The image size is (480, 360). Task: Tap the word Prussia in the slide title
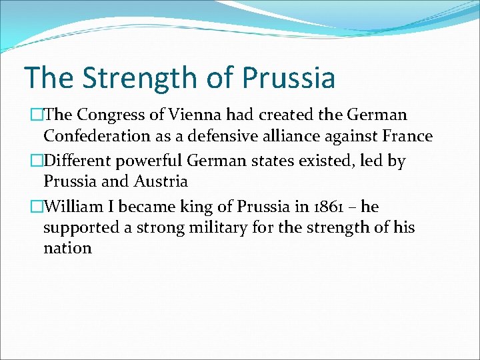pos(288,78)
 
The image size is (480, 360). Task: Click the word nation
pos(67,249)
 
